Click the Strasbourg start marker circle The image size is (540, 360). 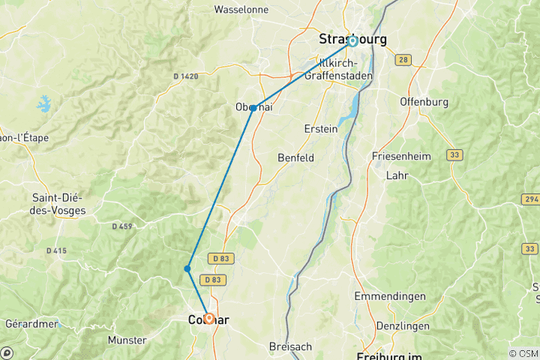[352, 41]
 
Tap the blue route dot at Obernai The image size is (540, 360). [253, 108]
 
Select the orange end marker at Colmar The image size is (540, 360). [208, 319]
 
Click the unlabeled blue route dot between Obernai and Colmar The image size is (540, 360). [187, 268]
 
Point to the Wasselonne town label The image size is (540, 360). [242, 10]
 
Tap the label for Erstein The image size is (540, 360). [320, 129]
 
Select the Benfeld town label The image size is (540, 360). [295, 157]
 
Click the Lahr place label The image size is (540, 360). [396, 175]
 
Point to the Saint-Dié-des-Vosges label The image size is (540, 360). [57, 203]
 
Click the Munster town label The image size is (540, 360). [127, 340]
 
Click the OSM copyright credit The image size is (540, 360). [523, 353]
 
